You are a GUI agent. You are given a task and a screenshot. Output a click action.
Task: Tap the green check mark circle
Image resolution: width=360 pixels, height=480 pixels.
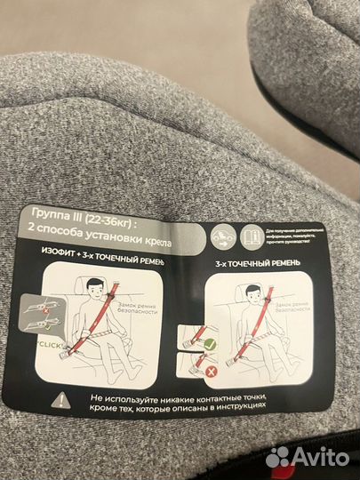pos(212,342)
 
